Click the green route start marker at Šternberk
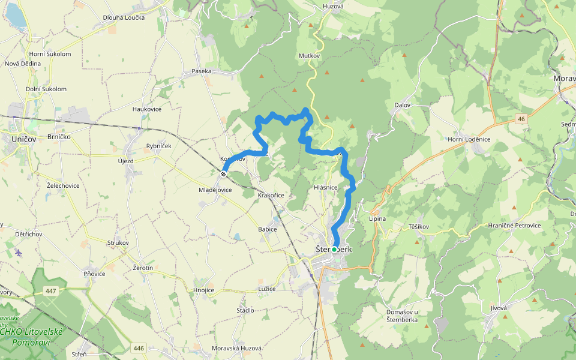click(x=334, y=249)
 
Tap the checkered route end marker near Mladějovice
click(x=223, y=174)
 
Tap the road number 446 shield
click(x=139, y=348)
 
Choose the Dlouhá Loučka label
click(x=124, y=17)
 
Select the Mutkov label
click(x=309, y=56)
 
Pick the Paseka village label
click(x=202, y=71)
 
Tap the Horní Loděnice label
click(x=469, y=139)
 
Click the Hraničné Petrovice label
click(x=514, y=226)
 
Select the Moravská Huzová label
click(x=238, y=349)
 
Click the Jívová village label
click(x=499, y=308)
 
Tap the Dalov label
click(x=402, y=105)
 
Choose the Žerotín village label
click(x=143, y=267)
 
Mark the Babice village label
click(x=268, y=229)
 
